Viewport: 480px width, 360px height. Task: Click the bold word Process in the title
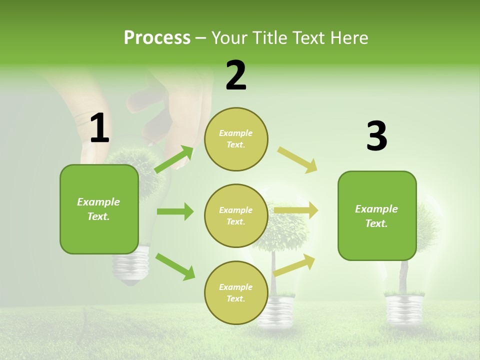click(157, 38)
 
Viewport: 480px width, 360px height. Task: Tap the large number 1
click(99, 128)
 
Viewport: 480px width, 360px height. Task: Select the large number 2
click(236, 76)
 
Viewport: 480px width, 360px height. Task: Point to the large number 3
click(376, 136)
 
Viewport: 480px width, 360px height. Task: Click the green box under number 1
click(99, 209)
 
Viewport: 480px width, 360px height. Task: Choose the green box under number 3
click(377, 216)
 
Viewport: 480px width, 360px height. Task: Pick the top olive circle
click(236, 139)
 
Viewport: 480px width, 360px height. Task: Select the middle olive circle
click(236, 215)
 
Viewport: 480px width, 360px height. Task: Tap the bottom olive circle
click(236, 292)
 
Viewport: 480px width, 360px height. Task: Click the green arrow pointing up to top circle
click(174, 159)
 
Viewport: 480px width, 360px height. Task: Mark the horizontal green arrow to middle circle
click(175, 211)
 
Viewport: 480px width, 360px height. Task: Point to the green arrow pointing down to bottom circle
click(175, 266)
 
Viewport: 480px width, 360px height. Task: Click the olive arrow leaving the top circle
click(297, 160)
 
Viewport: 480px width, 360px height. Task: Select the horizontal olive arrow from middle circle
click(296, 210)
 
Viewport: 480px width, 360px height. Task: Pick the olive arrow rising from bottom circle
click(294, 265)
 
